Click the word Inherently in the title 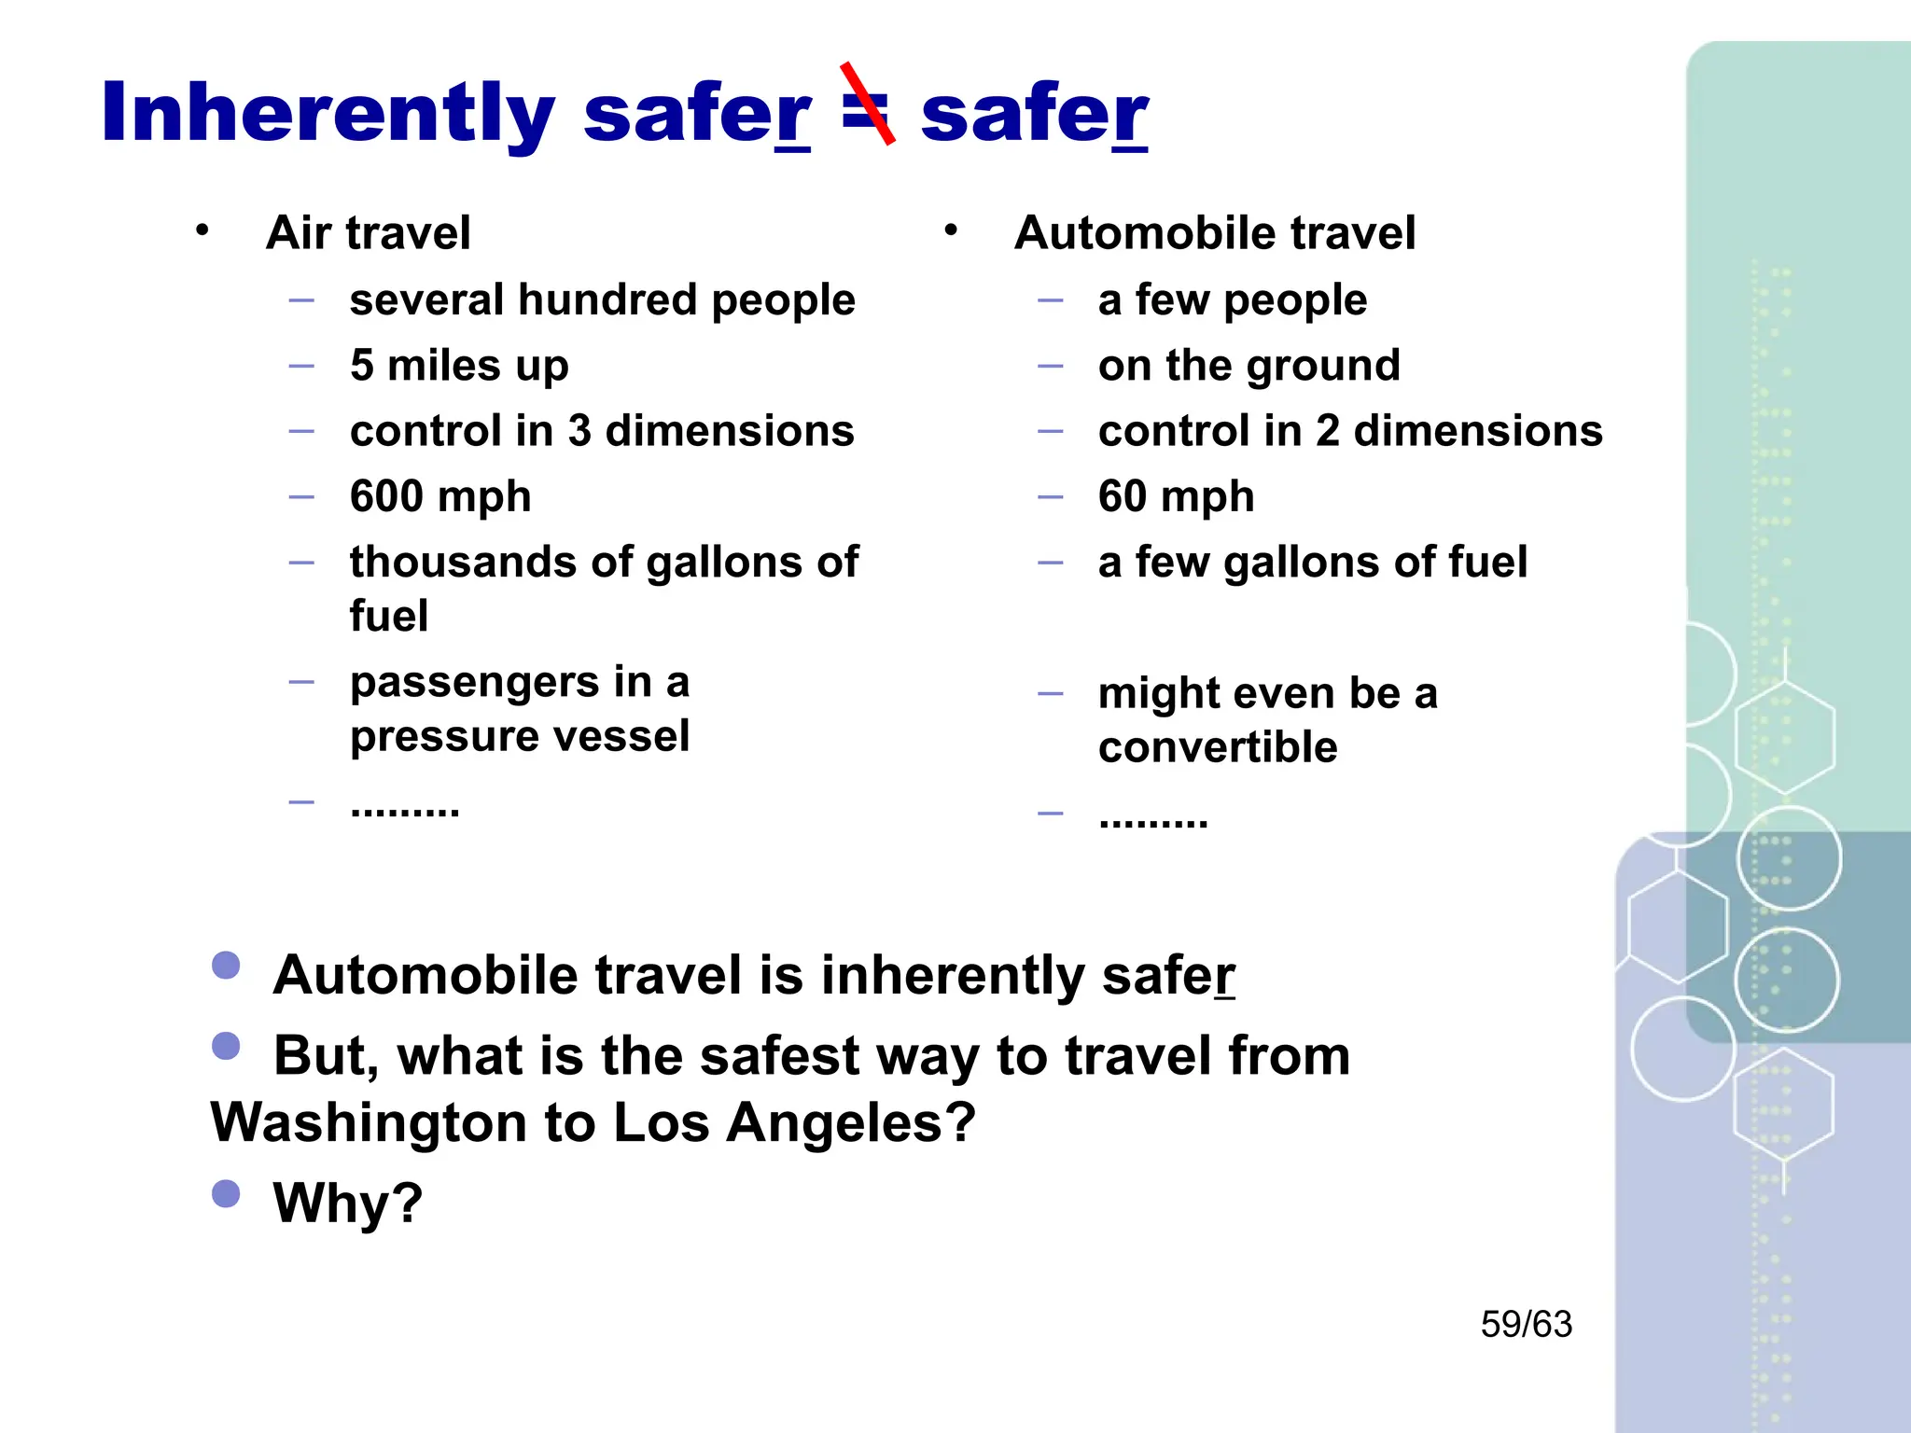tap(328, 114)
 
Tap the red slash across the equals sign tap(868, 104)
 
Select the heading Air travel tap(368, 232)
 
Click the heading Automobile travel tap(1214, 232)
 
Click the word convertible tap(1218, 747)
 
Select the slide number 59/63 tap(1526, 1324)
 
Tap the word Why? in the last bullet tap(347, 1203)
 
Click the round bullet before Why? tap(226, 1193)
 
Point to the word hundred tap(607, 300)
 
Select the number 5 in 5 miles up tap(362, 366)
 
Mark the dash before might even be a tap(1051, 694)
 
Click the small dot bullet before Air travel tap(202, 230)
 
